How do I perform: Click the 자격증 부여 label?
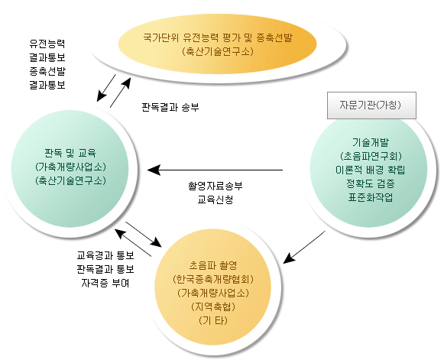pyautogui.click(x=103, y=283)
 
